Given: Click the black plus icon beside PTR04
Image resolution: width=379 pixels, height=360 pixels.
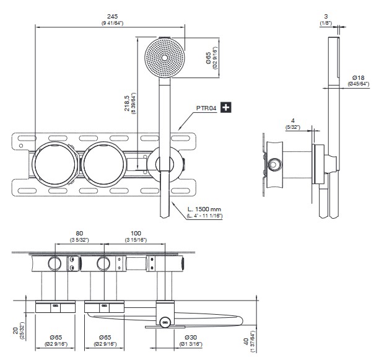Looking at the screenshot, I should tap(227, 108).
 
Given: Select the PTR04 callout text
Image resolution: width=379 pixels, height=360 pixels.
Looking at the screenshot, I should tap(206, 108).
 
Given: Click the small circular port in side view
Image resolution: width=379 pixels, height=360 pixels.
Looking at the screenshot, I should tap(274, 164).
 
